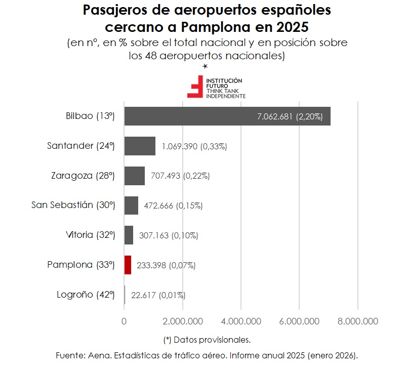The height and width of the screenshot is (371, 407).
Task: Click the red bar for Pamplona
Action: coord(128,265)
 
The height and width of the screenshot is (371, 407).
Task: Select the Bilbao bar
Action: coord(227,116)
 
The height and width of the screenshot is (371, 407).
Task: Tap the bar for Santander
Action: coord(140,146)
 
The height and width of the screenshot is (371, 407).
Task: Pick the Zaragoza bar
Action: coord(134,176)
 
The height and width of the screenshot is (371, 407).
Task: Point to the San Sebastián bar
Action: coord(131,205)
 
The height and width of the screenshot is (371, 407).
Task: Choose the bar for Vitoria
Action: coord(129,235)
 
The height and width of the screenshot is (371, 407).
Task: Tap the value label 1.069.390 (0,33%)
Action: coord(194,146)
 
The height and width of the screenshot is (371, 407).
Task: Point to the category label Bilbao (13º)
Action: coord(91,116)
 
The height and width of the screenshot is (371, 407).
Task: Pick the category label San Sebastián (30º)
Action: coord(73,205)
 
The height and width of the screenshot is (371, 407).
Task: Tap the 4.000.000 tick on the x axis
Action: coord(241,321)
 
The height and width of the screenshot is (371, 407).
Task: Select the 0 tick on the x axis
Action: coord(125,321)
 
